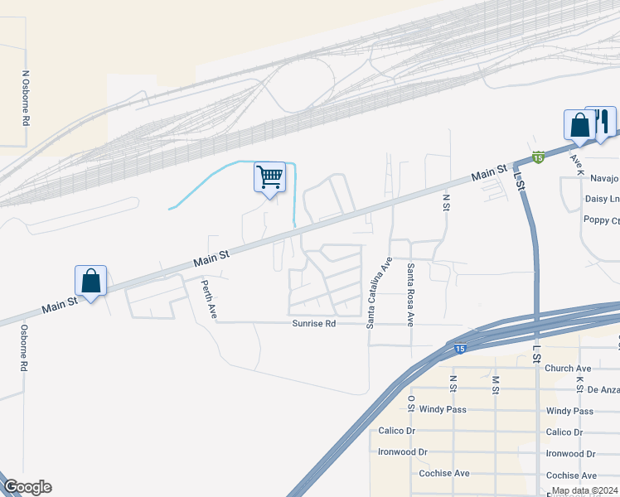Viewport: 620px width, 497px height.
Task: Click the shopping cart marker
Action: (269, 176)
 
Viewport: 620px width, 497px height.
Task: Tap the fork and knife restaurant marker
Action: (602, 123)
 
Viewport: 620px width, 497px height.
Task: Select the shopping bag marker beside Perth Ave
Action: (91, 281)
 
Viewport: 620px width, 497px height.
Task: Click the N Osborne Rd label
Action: (26, 97)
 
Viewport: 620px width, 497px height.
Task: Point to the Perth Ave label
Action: (209, 299)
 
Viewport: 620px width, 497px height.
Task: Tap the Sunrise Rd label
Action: (313, 324)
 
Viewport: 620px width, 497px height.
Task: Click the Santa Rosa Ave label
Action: (409, 294)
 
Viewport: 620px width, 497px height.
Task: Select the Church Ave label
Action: (568, 369)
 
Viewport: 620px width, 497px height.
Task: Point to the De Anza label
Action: (603, 388)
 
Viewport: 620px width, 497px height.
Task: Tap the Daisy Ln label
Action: (602, 200)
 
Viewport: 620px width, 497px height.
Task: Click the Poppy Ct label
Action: (602, 220)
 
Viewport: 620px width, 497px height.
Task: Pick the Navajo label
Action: (604, 178)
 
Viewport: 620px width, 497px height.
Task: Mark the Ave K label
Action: (578, 163)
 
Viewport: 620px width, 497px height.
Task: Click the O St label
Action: (411, 403)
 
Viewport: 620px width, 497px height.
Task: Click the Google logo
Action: (27, 487)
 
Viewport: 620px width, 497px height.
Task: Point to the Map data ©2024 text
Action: (583, 490)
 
